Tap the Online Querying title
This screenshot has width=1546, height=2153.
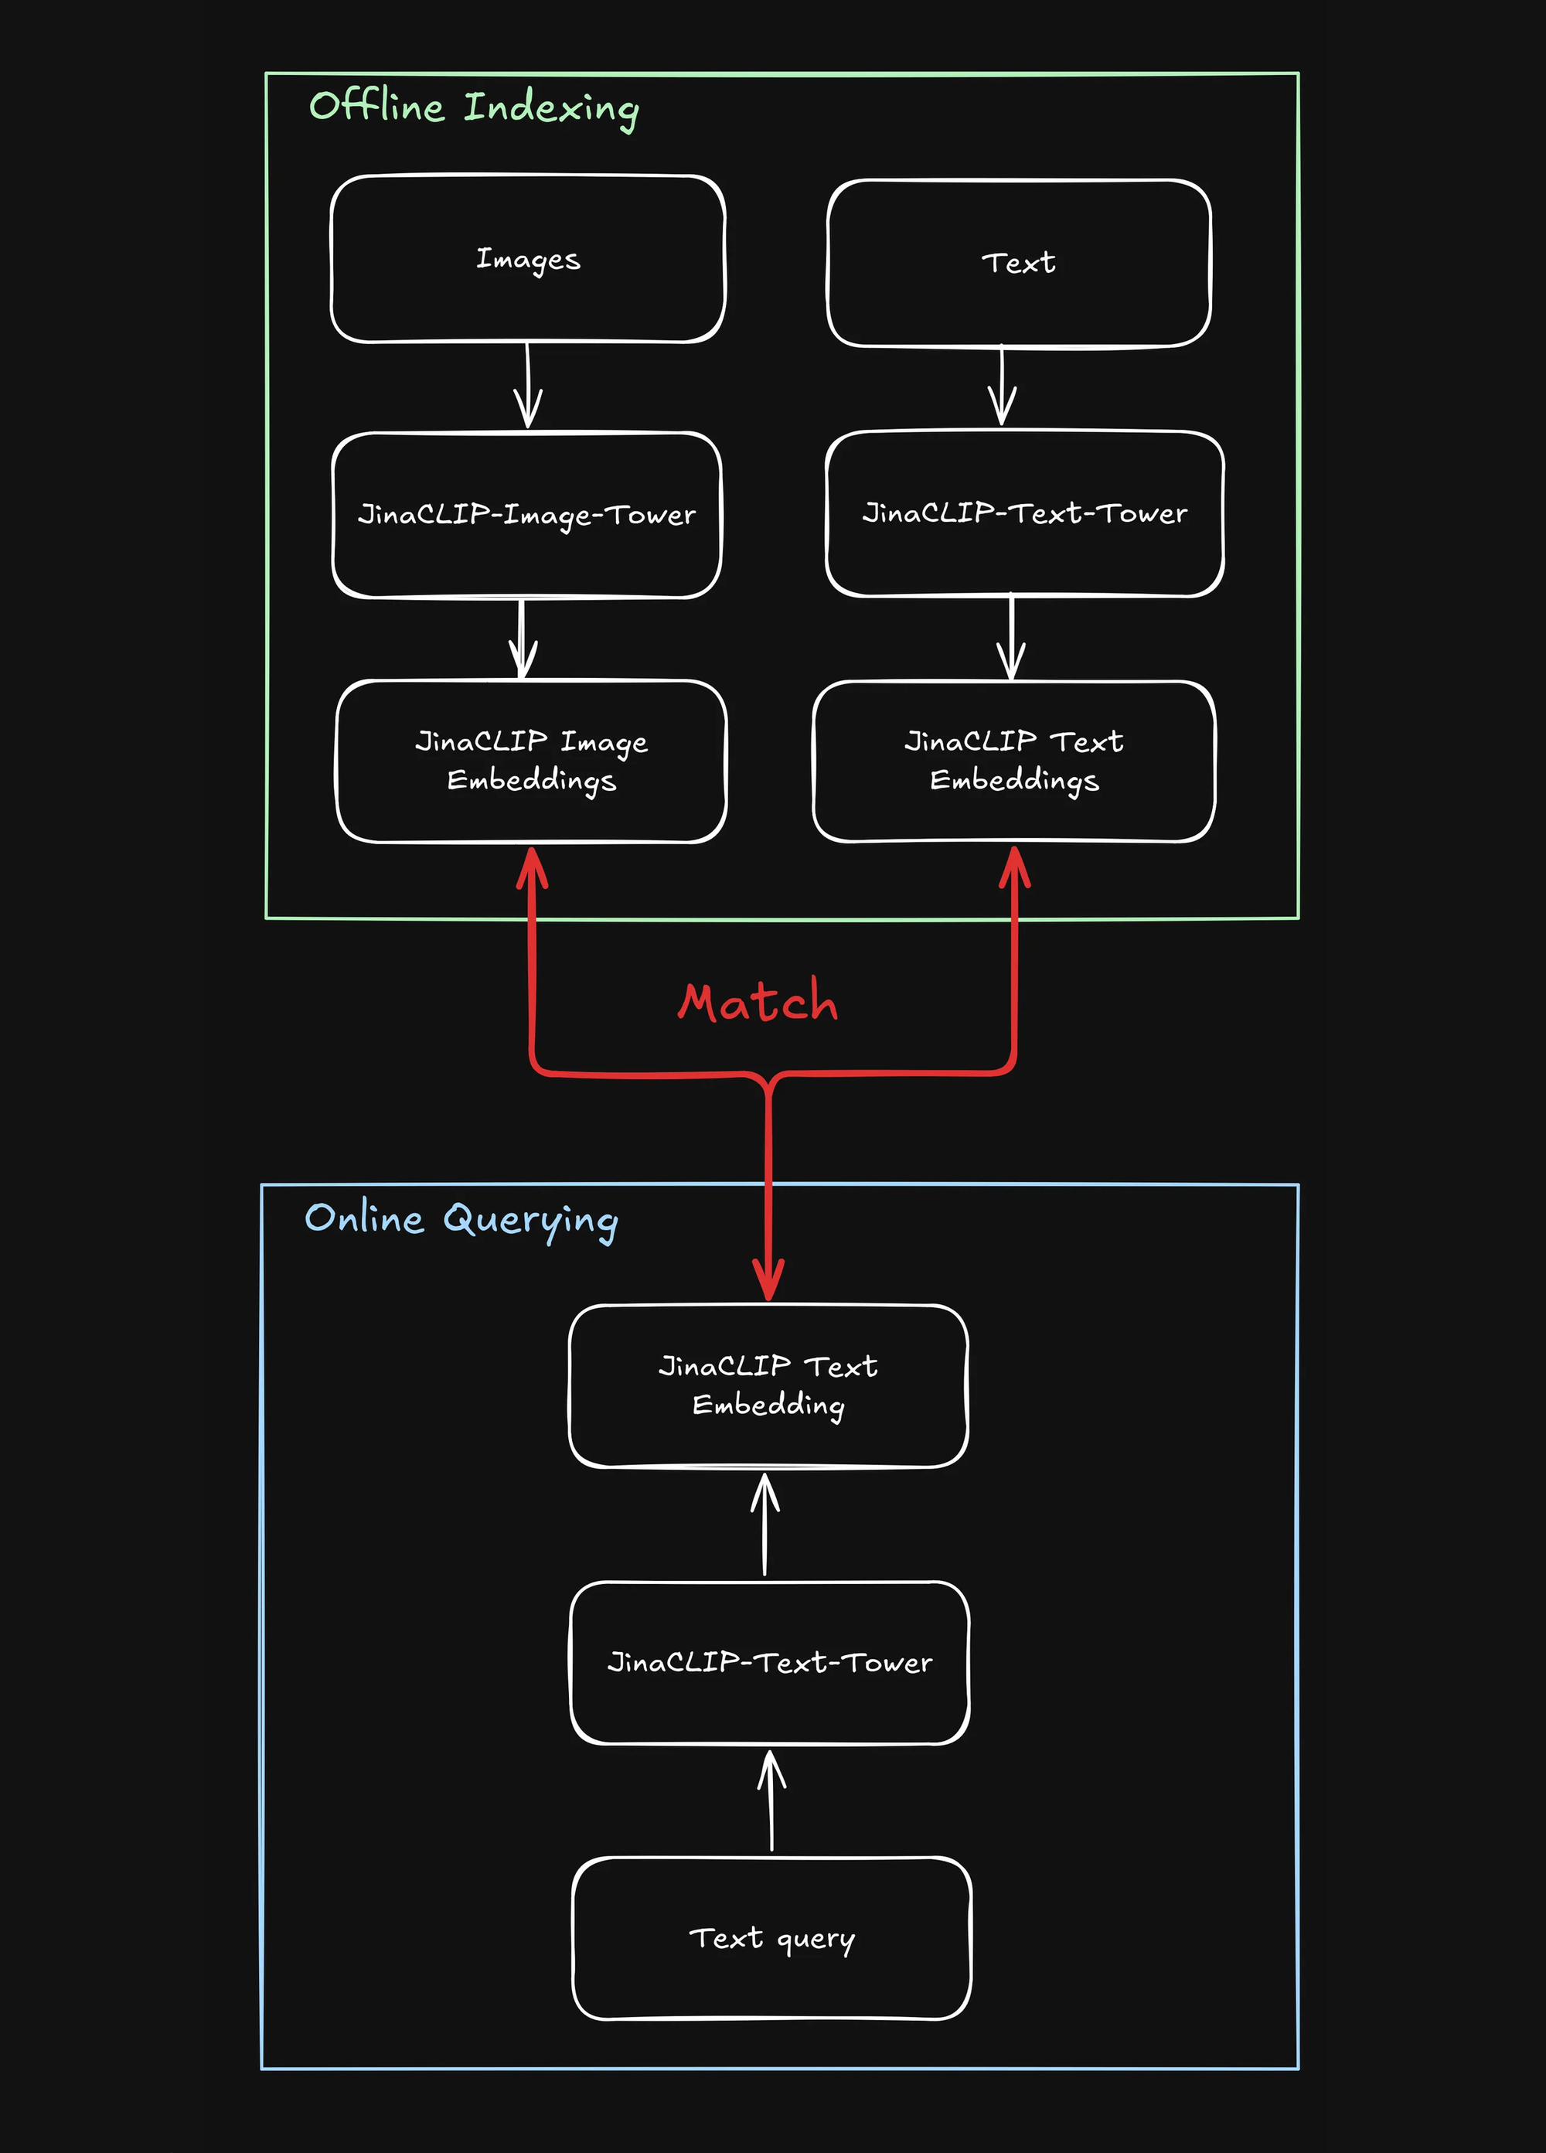pos(461,1220)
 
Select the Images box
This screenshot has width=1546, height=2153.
pos(528,259)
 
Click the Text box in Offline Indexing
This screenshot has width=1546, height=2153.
pos(1018,263)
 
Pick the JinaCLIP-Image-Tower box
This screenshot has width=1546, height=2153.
pos(526,516)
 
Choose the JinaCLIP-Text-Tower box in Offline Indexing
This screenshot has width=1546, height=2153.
pos(1024,513)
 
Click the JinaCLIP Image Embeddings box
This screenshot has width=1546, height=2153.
pos(532,761)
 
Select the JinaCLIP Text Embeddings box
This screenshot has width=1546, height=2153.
pos(1013,761)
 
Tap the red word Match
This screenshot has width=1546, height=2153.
pos(758,1003)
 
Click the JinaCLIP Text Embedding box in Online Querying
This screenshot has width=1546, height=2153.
pos(768,1385)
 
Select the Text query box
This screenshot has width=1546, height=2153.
pos(771,1937)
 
